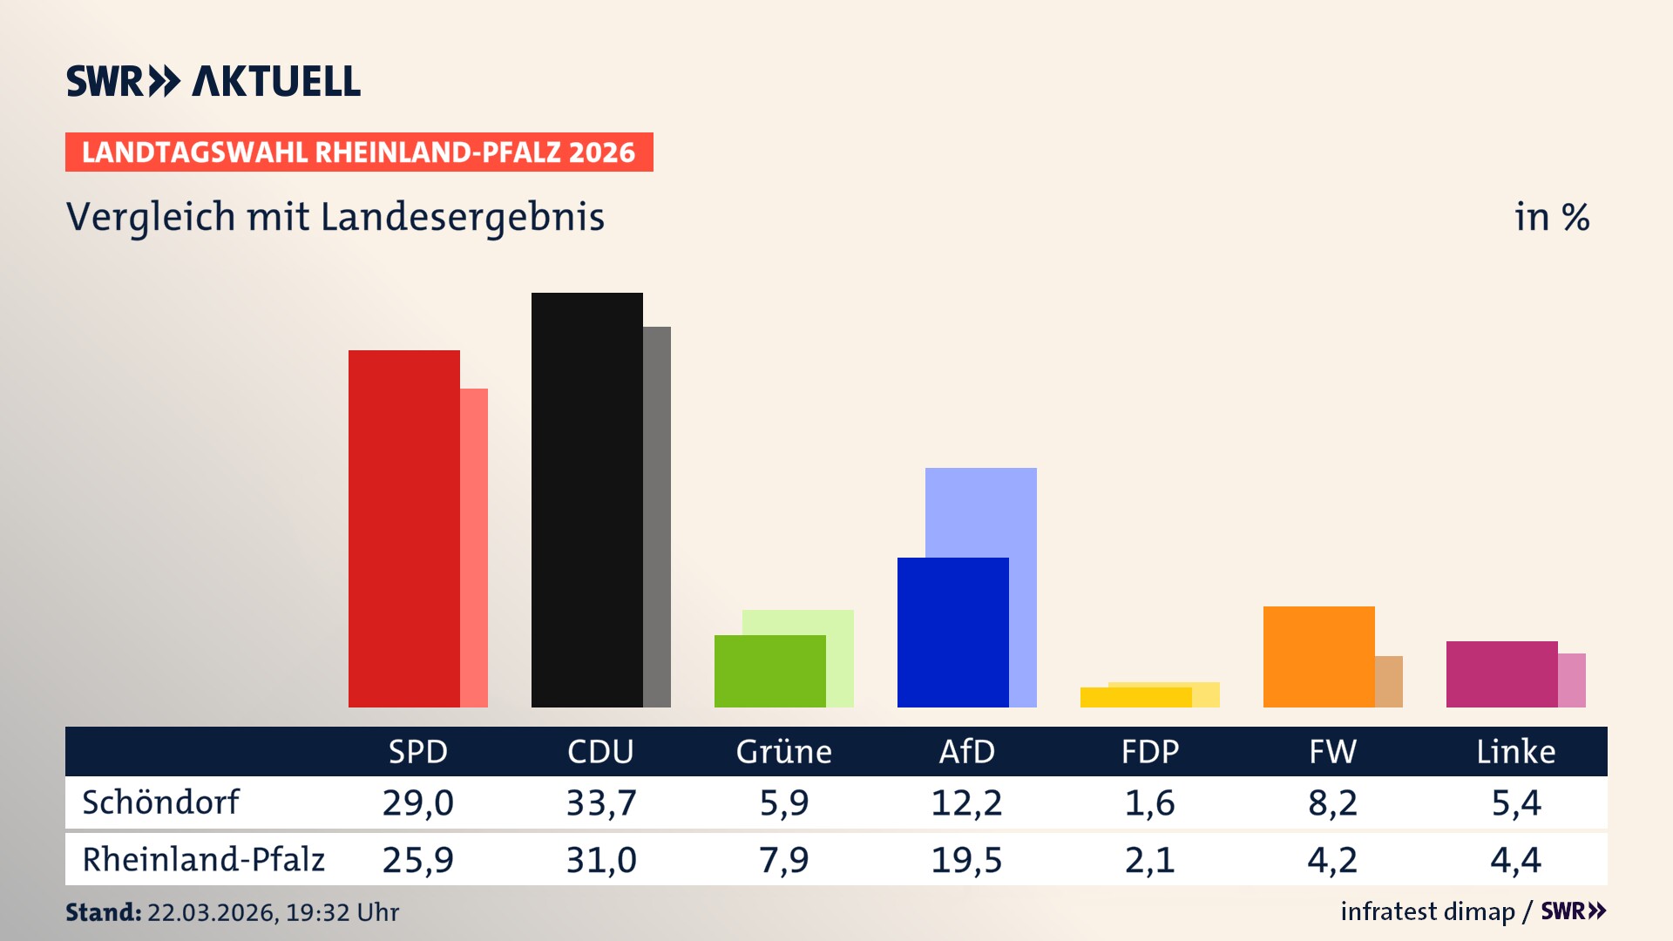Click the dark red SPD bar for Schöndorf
click(403, 528)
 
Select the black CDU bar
click(586, 499)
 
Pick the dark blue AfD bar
click(952, 632)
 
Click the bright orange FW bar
click(1318, 656)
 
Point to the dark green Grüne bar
click(769, 671)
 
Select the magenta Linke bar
click(1501, 674)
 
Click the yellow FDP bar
click(1135, 697)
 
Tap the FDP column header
click(1149, 751)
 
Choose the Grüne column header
click(783, 751)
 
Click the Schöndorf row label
click(160, 802)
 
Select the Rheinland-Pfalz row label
click(203, 860)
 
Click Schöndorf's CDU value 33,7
click(601, 802)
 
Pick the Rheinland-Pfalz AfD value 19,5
click(966, 860)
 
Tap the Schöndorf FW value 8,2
click(1332, 802)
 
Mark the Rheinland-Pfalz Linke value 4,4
click(1515, 860)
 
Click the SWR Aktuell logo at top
click(213, 81)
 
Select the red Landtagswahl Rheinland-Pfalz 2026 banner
click(359, 152)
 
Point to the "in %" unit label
click(1551, 217)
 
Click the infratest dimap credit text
click(1427, 911)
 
